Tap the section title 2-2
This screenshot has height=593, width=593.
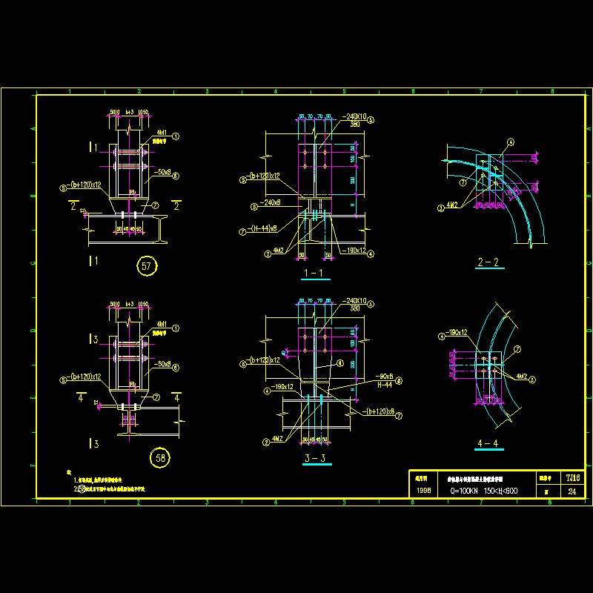pos(489,262)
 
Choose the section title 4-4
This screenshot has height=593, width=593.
pos(489,445)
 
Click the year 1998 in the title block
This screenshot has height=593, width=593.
pos(423,491)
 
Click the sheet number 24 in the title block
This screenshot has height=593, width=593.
pos(572,491)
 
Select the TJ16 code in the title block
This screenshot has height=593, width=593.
pos(572,478)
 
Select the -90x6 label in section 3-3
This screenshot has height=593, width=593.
pos(385,377)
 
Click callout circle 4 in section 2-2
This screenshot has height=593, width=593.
pos(510,142)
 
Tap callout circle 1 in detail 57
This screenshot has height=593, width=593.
pos(176,136)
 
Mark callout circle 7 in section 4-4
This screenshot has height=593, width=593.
pos(517,349)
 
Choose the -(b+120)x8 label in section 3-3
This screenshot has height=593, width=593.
pos(377,411)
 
